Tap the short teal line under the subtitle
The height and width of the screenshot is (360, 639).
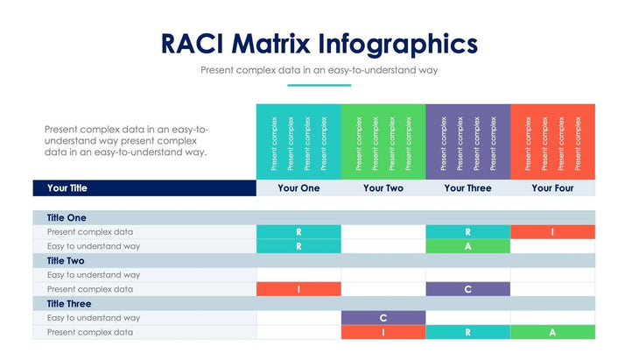[319, 85]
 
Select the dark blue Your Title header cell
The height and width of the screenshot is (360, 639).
[144, 188]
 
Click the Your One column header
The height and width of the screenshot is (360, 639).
[298, 188]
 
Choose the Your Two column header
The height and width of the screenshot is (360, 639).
[383, 188]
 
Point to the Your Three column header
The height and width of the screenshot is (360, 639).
[467, 188]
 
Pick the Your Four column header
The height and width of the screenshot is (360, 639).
[552, 188]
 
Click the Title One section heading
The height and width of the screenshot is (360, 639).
[67, 217]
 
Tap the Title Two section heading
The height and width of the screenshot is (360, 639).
[66, 260]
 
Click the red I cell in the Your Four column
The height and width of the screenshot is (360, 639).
[552, 232]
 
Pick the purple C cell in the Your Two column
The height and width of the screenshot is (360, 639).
[383, 318]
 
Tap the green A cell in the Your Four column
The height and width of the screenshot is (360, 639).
[552, 332]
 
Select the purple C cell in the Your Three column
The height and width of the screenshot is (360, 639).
[467, 289]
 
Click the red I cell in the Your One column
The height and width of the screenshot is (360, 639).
[298, 289]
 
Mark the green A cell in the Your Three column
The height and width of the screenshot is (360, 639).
[467, 246]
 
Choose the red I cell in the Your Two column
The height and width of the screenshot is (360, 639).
[383, 332]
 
